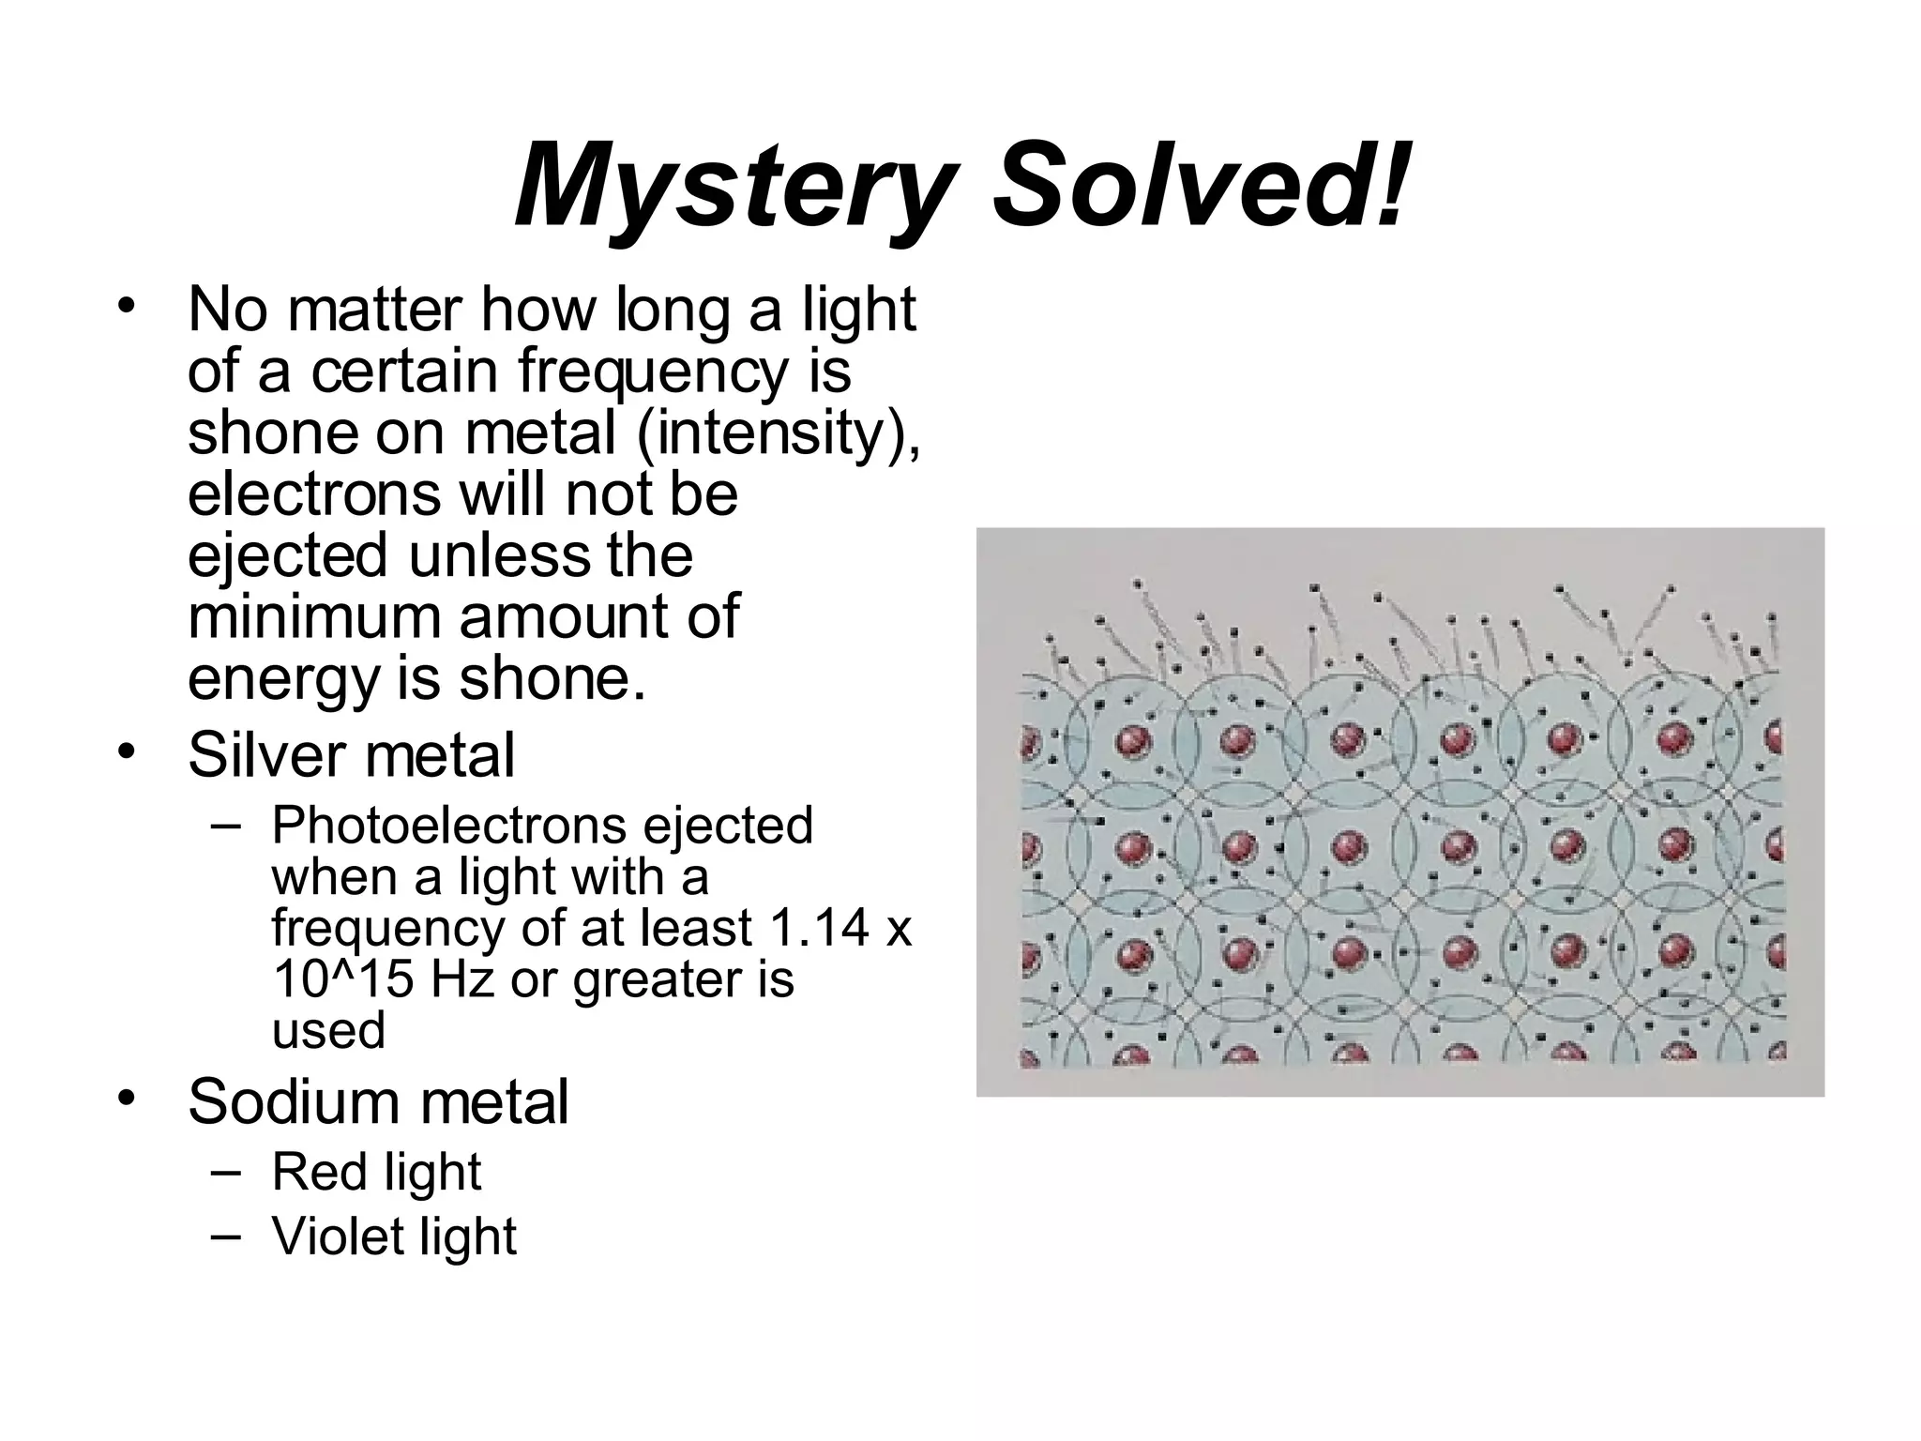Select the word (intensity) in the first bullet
coord(779,433)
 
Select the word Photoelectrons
coord(448,826)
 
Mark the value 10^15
coord(341,979)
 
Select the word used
coord(328,1031)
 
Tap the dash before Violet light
coord(226,1236)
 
